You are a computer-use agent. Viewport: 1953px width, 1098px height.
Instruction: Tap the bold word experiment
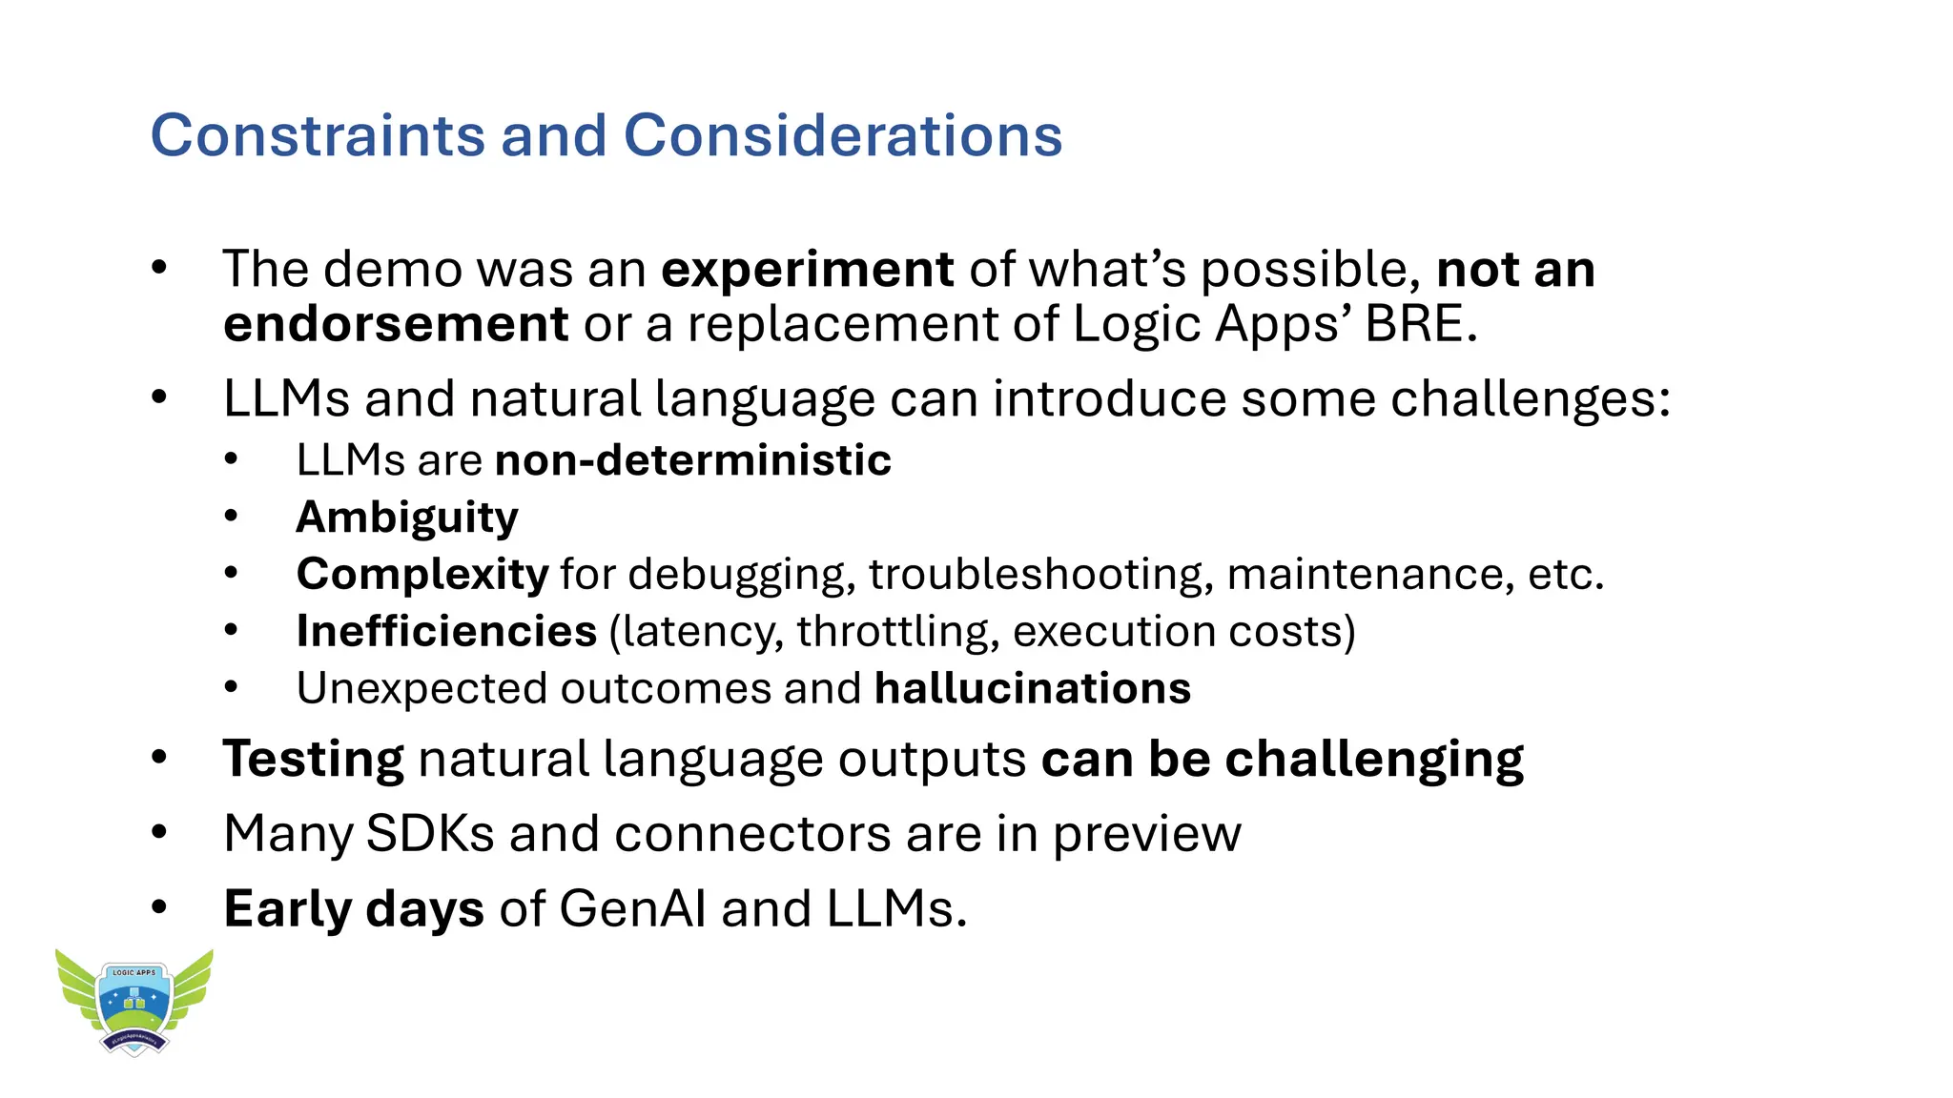807,270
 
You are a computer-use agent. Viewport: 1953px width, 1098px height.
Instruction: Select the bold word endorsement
396,325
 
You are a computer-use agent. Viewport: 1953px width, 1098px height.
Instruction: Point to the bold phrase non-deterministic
693,460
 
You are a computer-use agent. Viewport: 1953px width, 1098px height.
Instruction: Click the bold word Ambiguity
407,518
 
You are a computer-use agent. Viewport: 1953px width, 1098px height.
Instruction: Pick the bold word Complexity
422,575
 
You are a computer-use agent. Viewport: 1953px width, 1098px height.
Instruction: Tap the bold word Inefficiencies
446,632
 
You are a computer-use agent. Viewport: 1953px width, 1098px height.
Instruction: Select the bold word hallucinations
1033,688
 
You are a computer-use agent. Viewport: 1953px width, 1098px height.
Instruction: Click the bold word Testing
314,760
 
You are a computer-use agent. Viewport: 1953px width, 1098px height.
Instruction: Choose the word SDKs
430,834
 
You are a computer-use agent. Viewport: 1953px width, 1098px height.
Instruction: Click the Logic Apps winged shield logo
134,1001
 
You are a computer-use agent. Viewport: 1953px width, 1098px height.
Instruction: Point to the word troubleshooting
1040,575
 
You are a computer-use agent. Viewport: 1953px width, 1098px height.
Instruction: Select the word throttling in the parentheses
897,632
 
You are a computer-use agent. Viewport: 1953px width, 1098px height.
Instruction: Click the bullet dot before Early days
159,907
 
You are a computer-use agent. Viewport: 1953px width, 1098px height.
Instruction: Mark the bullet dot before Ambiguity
231,517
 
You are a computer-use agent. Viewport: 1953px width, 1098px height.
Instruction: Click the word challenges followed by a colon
1524,399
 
